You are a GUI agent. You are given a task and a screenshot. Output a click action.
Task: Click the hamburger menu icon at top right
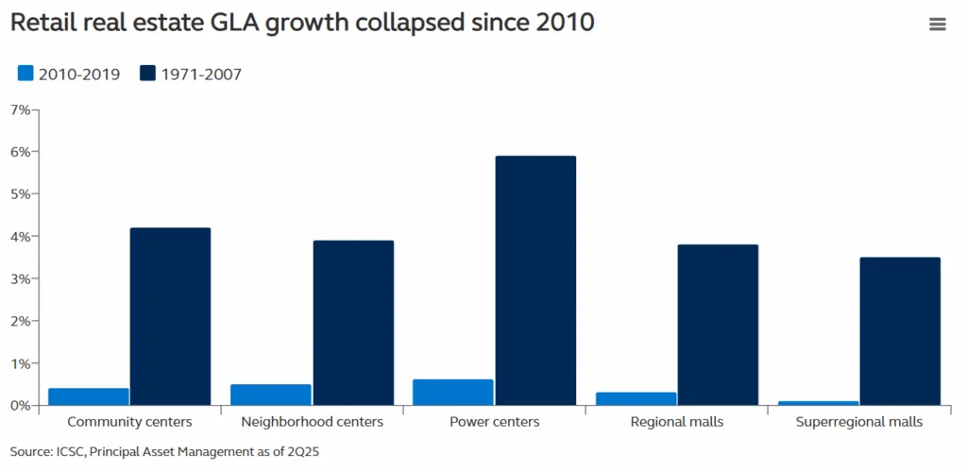click(937, 25)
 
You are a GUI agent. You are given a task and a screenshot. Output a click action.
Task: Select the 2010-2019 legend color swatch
click(25, 74)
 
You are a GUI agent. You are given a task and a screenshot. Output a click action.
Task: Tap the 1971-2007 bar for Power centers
click(534, 280)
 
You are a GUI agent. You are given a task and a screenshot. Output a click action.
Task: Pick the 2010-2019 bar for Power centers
click(452, 393)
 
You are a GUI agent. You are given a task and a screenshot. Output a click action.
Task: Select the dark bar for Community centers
click(170, 316)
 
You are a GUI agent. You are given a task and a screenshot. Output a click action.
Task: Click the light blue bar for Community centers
click(88, 396)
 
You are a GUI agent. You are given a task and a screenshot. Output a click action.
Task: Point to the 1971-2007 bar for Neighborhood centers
click(352, 323)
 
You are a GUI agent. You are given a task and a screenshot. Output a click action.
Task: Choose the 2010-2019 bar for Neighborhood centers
click(270, 394)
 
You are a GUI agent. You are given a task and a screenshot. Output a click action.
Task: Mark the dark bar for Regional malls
click(717, 325)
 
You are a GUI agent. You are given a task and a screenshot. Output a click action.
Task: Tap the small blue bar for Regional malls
click(635, 398)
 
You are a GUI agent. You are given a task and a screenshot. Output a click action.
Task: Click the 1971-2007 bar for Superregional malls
click(899, 331)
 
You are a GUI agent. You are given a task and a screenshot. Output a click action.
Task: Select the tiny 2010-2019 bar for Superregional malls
click(817, 403)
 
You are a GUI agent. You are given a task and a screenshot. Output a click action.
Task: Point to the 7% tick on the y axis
click(20, 109)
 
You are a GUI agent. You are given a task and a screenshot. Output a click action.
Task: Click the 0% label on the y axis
click(20, 406)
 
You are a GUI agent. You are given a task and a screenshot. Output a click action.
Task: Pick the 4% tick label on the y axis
click(20, 237)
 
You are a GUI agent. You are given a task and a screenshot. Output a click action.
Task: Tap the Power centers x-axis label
click(494, 422)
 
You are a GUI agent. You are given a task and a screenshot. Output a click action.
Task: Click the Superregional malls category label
click(858, 422)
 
